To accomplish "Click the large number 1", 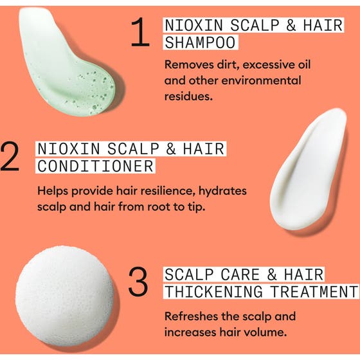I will (139, 34).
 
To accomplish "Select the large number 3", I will (138, 283).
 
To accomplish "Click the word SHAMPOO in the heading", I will (200, 43).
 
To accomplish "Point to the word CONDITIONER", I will (95, 166).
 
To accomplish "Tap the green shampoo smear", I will (64, 61).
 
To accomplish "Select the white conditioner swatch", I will (309, 170).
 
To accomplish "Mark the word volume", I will (273, 332).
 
